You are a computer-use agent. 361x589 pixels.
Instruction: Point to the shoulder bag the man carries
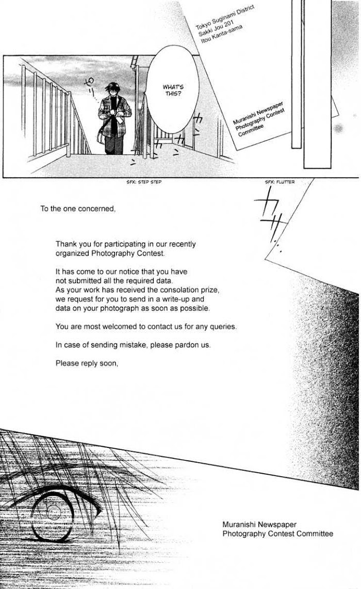(x=101, y=138)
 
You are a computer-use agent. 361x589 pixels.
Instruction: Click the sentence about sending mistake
(x=133, y=345)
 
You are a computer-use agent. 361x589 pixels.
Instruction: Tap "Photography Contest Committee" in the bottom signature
(x=277, y=533)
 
